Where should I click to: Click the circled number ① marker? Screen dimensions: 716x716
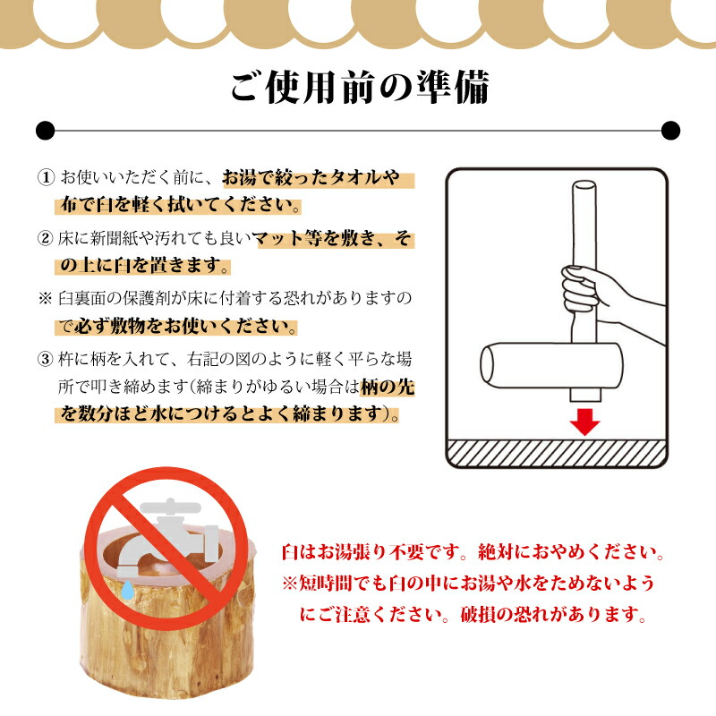[x=46, y=177]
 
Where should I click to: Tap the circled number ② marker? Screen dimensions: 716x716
[x=46, y=239]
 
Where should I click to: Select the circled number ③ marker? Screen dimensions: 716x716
[x=46, y=361]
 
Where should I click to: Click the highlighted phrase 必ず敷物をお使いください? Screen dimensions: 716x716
[x=188, y=326]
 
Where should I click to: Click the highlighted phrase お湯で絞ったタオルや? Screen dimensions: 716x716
[x=309, y=177]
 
